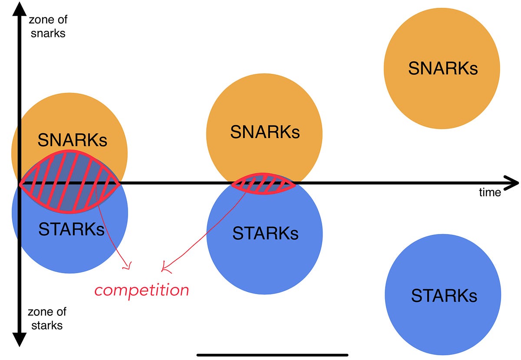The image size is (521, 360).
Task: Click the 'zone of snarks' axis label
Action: [48, 26]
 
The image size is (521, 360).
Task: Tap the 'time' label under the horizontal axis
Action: [490, 192]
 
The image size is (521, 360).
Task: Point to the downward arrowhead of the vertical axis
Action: [18, 339]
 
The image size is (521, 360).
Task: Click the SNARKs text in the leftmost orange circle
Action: [72, 140]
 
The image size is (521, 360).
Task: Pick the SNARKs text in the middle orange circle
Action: [264, 132]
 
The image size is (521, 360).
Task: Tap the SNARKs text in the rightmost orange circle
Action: [442, 68]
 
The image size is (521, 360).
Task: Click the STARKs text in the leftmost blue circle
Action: [72, 229]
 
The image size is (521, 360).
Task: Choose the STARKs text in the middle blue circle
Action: [265, 234]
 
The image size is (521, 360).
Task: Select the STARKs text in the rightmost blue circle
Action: [444, 296]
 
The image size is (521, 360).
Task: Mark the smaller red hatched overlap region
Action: [263, 184]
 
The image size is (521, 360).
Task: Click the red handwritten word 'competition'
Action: [142, 290]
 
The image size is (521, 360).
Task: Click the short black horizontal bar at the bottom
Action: [272, 355]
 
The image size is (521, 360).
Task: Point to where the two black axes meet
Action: [18, 183]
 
